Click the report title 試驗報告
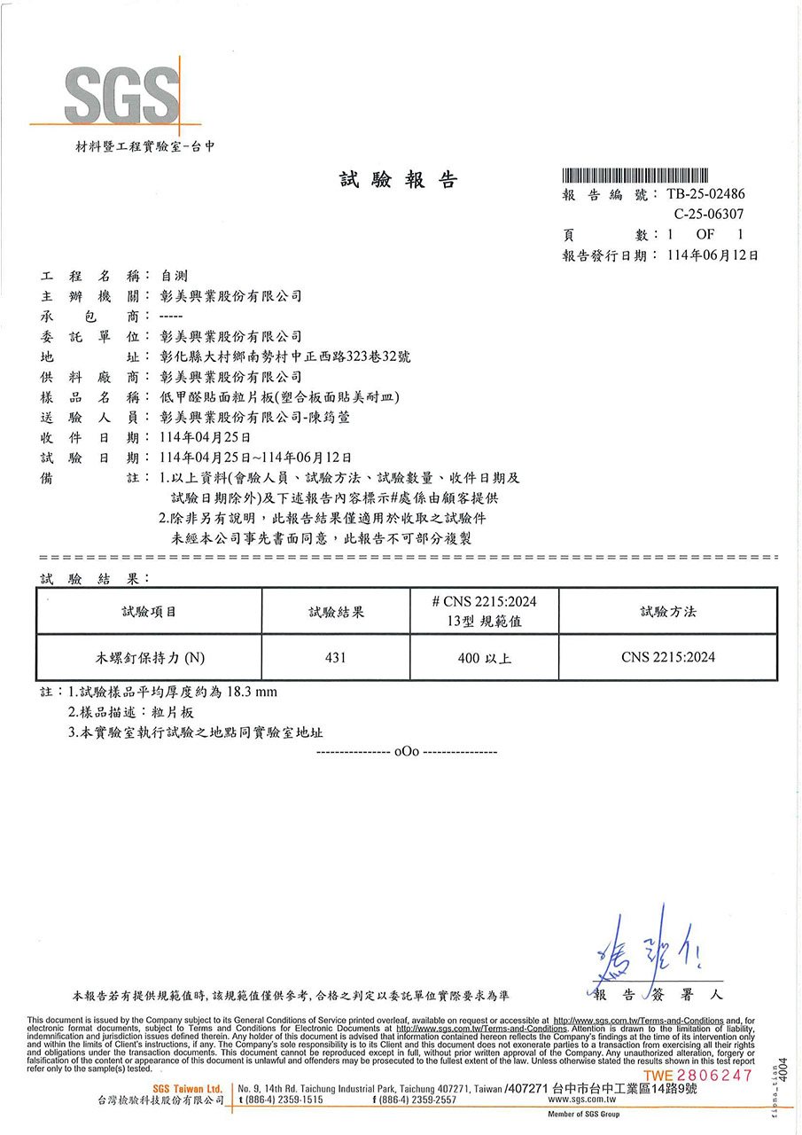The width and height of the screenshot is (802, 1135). pyautogui.click(x=399, y=180)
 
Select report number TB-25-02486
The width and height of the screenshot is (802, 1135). pyautogui.click(x=705, y=194)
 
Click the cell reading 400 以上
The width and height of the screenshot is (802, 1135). pyautogui.click(x=484, y=658)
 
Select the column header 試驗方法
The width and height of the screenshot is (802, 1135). pyautogui.click(x=668, y=612)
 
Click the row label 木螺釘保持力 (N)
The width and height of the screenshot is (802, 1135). pyautogui.click(x=150, y=658)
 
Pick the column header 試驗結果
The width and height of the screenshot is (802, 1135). pyautogui.click(x=336, y=612)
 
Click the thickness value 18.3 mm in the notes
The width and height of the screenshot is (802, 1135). pyautogui.click(x=253, y=691)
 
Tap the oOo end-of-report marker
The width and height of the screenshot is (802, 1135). pyautogui.click(x=407, y=751)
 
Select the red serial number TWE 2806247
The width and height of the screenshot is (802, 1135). pyautogui.click(x=697, y=1075)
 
